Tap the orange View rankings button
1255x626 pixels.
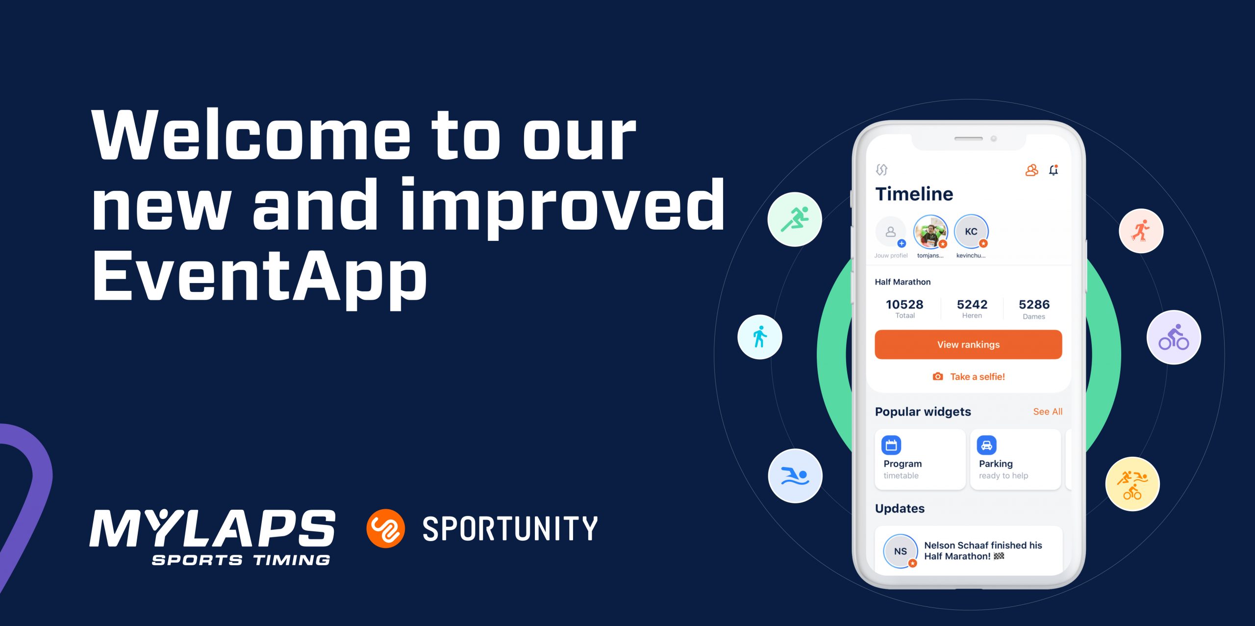tap(968, 344)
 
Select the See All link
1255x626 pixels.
tap(1048, 412)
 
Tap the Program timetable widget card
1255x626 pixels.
tap(920, 459)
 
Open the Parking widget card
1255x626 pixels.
tap(1015, 459)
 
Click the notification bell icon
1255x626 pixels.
tap(1054, 170)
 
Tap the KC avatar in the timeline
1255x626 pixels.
tap(971, 232)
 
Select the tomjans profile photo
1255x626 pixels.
tap(930, 232)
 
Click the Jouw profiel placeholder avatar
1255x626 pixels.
tap(891, 232)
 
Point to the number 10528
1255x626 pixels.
tap(904, 304)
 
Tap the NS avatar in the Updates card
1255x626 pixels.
tap(901, 551)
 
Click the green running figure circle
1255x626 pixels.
tap(795, 219)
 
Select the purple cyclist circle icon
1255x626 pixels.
tap(1174, 337)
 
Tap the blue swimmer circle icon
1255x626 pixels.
tap(795, 476)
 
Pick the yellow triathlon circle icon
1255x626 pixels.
tap(1132, 484)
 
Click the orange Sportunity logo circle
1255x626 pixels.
tap(385, 528)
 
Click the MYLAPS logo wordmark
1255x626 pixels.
tap(212, 529)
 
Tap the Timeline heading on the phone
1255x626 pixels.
tap(914, 194)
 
